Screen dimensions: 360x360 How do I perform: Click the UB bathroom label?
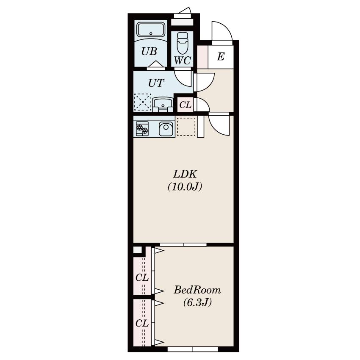[149, 51]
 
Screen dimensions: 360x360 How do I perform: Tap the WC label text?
[183, 61]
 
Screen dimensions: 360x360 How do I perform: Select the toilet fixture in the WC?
[183, 43]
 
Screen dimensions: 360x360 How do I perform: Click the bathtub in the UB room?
[151, 29]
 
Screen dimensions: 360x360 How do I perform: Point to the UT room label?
[156, 83]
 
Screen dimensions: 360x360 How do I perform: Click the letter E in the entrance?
[221, 56]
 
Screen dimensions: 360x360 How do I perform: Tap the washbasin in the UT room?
[163, 105]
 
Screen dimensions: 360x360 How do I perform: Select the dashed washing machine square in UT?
[143, 102]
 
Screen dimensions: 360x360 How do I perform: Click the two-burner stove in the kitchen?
[142, 129]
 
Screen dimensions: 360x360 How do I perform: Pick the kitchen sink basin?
[166, 129]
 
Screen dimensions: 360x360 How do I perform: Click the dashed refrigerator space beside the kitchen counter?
[186, 127]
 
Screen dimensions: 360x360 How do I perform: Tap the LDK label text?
[185, 174]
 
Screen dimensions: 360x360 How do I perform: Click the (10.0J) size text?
[185, 187]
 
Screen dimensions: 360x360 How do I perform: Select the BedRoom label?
[197, 290]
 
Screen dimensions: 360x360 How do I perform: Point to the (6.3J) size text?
[197, 302]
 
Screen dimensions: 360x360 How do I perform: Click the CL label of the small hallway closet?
[185, 105]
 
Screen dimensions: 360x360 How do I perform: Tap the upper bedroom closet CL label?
[142, 278]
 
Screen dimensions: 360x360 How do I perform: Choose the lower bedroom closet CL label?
[142, 324]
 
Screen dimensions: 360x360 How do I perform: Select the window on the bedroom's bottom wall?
[193, 349]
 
